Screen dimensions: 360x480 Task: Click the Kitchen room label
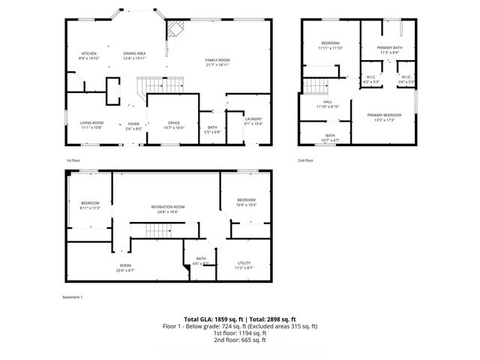(89, 54)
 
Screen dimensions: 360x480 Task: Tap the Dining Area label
(134, 54)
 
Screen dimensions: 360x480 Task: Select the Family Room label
(217, 60)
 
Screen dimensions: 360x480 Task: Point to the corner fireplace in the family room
(174, 29)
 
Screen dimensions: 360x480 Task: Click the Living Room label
(92, 123)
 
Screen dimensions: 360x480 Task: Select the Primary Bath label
(390, 48)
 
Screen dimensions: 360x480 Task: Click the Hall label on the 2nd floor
(327, 102)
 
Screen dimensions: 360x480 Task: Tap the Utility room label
(244, 262)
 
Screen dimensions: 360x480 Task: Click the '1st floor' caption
(73, 160)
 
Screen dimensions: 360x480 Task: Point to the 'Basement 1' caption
(72, 297)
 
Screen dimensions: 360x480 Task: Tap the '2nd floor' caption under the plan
(305, 160)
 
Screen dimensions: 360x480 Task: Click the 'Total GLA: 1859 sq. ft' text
(211, 319)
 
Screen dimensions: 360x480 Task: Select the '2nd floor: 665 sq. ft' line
(239, 340)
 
